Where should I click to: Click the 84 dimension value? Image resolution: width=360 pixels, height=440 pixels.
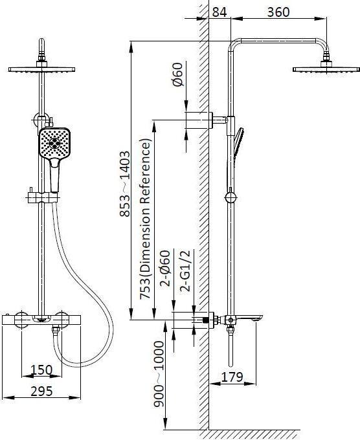pos(219,12)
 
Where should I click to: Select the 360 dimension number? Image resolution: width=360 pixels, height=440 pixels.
pos(278,12)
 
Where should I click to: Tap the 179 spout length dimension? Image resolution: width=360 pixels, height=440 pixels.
pos(232,377)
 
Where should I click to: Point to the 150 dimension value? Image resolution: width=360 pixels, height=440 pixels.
pos(41,370)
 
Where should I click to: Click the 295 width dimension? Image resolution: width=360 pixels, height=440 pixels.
pos(41,391)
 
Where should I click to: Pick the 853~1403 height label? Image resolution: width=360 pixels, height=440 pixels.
pos(125,184)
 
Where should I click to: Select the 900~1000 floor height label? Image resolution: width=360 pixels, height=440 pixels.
pos(159,374)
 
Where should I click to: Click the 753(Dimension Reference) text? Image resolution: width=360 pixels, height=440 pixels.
pos(146,219)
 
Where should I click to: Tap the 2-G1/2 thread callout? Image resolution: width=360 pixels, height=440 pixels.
pos(185,271)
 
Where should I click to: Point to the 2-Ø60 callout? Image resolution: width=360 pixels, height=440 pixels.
pos(165,268)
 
